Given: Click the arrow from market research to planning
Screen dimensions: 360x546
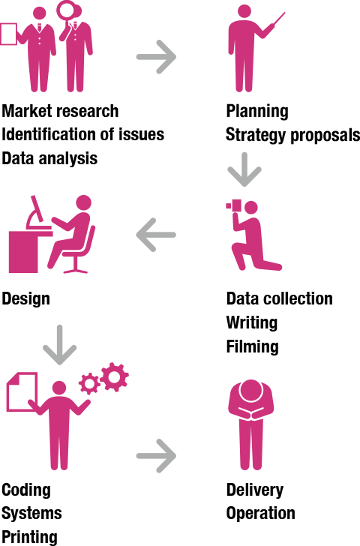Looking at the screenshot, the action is click(156, 57).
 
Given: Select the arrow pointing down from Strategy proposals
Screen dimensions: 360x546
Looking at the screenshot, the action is click(244, 169).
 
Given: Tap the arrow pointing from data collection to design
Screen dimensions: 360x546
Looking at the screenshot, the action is click(156, 235).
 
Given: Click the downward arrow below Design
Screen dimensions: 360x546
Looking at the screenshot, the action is click(59, 345).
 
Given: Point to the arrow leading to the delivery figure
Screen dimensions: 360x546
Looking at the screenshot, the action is click(156, 456).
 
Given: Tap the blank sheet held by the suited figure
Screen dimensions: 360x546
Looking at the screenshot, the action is click(8, 34).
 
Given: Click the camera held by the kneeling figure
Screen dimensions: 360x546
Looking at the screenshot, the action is click(234, 205).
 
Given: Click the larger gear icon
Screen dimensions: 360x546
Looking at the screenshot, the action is click(115, 376).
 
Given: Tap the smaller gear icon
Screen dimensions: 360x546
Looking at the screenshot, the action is click(89, 384).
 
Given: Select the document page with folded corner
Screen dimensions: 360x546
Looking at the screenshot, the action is click(22, 391).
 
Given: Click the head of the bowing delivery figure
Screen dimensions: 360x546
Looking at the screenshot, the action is click(250, 391).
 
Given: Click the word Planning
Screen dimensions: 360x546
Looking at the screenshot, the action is click(257, 112).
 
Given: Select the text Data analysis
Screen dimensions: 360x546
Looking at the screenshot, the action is click(49, 158).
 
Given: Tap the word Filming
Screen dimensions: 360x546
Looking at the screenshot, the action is click(253, 346).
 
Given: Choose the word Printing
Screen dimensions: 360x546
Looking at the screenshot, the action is click(29, 537).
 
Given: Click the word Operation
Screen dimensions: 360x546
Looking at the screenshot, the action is click(261, 514).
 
